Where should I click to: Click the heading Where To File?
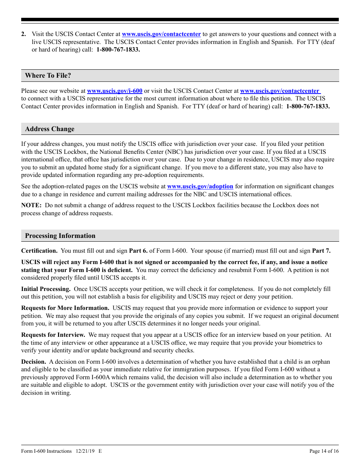(x=48, y=75)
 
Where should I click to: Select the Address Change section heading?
(x=50, y=129)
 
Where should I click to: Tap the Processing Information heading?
(x=60, y=236)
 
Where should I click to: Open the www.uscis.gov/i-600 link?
(x=114, y=91)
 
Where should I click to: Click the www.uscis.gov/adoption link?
(x=200, y=186)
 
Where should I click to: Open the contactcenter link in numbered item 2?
(x=161, y=34)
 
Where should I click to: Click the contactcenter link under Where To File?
(x=280, y=91)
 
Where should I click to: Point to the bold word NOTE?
(x=31, y=205)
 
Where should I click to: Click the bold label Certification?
(x=39, y=251)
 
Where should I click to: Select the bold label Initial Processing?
(x=45, y=289)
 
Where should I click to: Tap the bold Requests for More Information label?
(x=65, y=308)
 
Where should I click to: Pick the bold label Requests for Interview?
(x=53, y=335)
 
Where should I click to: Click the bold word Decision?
(x=34, y=362)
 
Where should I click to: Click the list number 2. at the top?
(x=24, y=34)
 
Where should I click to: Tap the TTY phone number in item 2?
(x=118, y=50)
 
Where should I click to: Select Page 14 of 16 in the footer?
(x=324, y=451)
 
